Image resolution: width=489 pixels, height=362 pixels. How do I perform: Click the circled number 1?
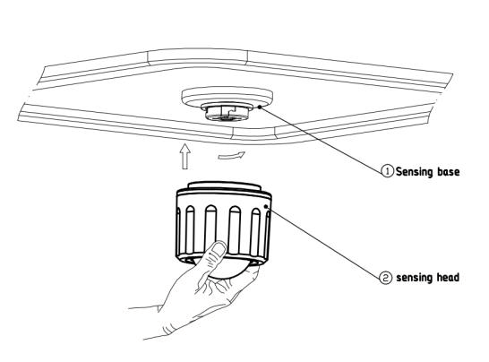[388, 171]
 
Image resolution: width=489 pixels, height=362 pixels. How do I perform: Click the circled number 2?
[385, 278]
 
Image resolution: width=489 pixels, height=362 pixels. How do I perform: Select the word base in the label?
[449, 172]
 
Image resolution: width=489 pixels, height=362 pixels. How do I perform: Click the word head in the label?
[447, 277]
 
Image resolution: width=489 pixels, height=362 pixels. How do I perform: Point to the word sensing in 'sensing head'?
[415, 278]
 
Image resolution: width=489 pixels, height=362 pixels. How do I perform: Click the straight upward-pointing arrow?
[185, 156]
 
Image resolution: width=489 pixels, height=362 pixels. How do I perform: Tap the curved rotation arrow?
[232, 155]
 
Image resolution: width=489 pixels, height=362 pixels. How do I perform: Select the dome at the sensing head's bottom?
[227, 271]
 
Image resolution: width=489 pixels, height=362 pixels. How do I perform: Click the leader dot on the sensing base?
[260, 107]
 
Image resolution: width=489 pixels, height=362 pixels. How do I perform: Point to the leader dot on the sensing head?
[266, 207]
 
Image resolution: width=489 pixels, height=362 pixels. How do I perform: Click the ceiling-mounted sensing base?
[227, 103]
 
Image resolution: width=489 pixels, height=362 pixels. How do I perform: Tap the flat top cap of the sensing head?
[224, 185]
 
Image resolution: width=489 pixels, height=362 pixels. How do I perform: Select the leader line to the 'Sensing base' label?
[321, 139]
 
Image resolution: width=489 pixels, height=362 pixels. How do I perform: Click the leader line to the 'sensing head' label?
[323, 242]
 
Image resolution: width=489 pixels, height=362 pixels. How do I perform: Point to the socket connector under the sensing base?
[227, 113]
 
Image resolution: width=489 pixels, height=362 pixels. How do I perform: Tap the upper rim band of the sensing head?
[224, 196]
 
